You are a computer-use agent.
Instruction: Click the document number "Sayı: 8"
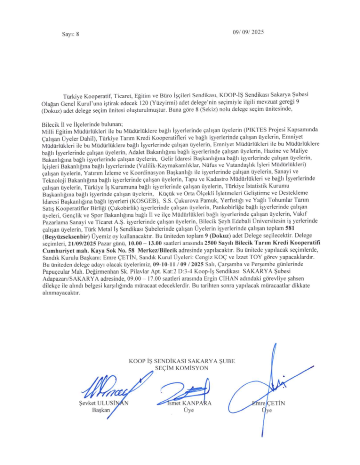70,35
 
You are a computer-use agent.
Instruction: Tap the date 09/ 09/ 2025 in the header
248,32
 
